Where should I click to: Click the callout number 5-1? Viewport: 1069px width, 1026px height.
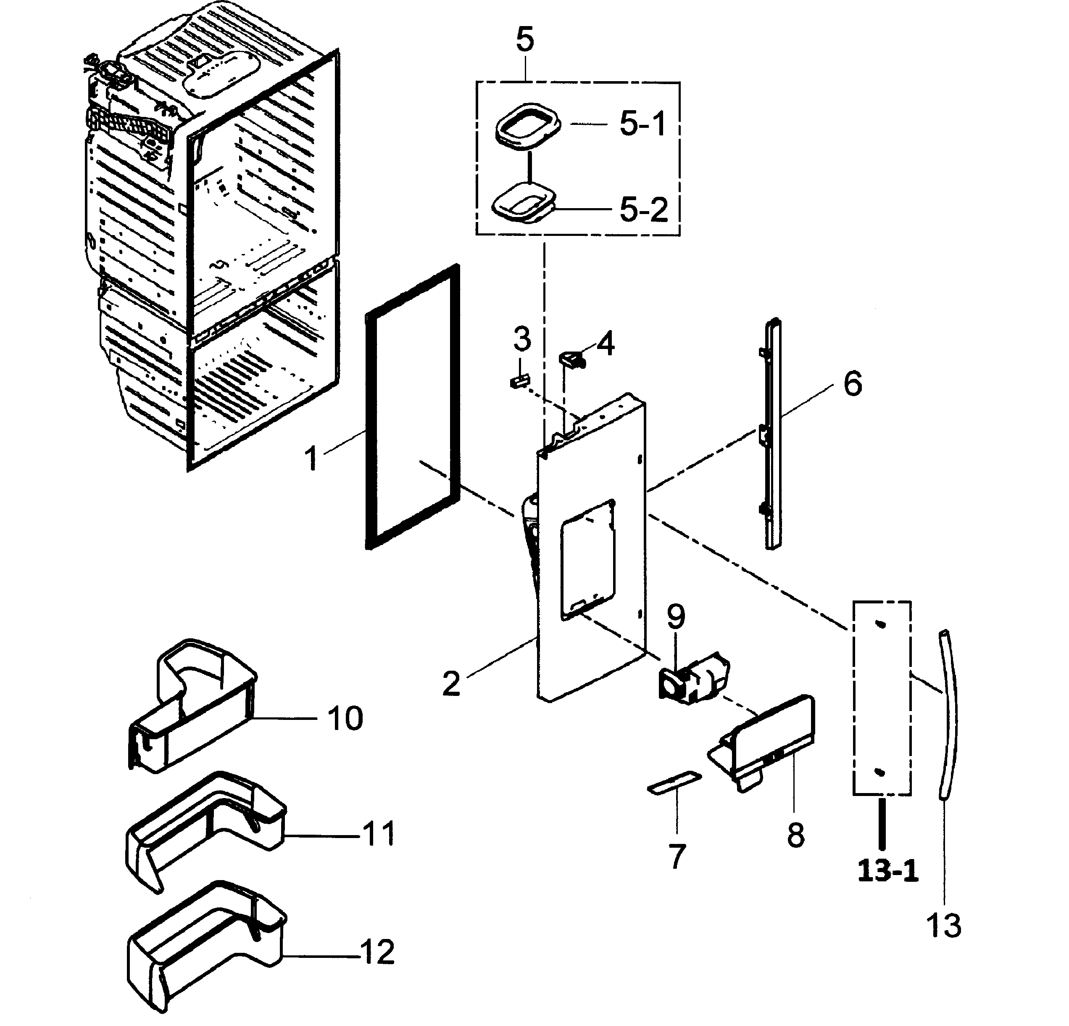pyautogui.click(x=642, y=124)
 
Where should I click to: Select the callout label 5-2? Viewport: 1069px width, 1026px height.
pyautogui.click(x=644, y=209)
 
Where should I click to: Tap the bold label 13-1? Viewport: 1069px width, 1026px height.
pyautogui.click(x=887, y=871)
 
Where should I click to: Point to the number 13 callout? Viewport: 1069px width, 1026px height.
pyautogui.click(x=943, y=926)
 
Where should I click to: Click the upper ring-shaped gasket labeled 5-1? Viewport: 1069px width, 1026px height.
pyautogui.click(x=528, y=126)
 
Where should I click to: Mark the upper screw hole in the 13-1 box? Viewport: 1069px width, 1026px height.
pyautogui.click(x=880, y=625)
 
